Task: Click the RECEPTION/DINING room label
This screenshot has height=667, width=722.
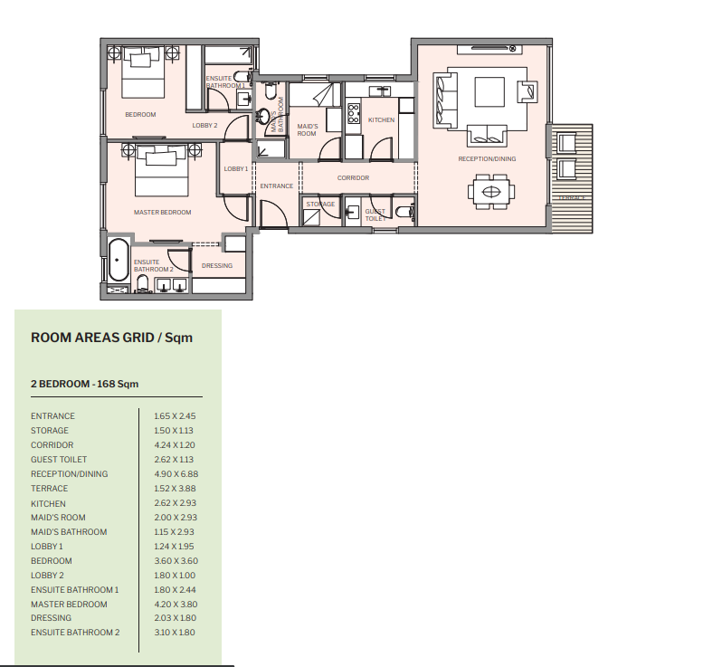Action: [487, 159]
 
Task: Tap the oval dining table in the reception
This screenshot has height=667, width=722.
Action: [490, 192]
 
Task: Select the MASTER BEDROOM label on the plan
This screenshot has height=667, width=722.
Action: [163, 213]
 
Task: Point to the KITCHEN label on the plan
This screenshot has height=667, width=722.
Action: [381, 120]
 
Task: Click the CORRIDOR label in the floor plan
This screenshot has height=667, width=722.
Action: [353, 178]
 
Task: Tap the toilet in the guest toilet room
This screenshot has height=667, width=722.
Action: [404, 214]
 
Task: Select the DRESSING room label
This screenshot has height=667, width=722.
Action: [217, 266]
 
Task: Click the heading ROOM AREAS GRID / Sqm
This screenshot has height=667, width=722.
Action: [112, 338]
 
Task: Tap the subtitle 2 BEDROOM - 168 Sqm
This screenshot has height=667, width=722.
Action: [85, 385]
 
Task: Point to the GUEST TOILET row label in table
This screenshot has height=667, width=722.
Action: [59, 460]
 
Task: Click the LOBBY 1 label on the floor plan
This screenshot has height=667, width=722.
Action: [235, 169]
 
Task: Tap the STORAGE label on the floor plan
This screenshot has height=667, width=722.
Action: [320, 205]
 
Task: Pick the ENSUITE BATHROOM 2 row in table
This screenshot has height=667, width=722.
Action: [75, 634]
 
